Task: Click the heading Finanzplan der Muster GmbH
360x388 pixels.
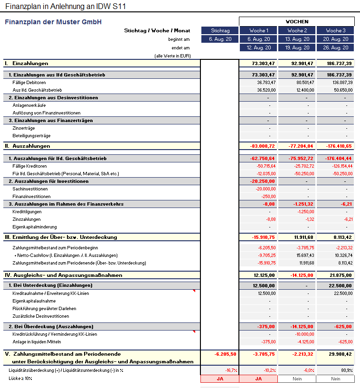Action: click(53, 22)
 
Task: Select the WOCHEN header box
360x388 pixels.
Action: click(297, 21)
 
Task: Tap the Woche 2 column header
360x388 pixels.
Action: click(297, 30)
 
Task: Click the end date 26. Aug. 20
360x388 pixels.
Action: click(335, 47)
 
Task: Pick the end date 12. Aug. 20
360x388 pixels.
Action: click(258, 47)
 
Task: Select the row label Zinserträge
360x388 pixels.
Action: click(24, 128)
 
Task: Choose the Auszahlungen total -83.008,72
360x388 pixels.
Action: click(261, 146)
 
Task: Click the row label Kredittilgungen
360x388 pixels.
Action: click(27, 212)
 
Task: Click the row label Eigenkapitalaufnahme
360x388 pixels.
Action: click(34, 301)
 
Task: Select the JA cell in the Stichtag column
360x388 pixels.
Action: click(219, 379)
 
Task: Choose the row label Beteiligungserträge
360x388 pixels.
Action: click(31, 136)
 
